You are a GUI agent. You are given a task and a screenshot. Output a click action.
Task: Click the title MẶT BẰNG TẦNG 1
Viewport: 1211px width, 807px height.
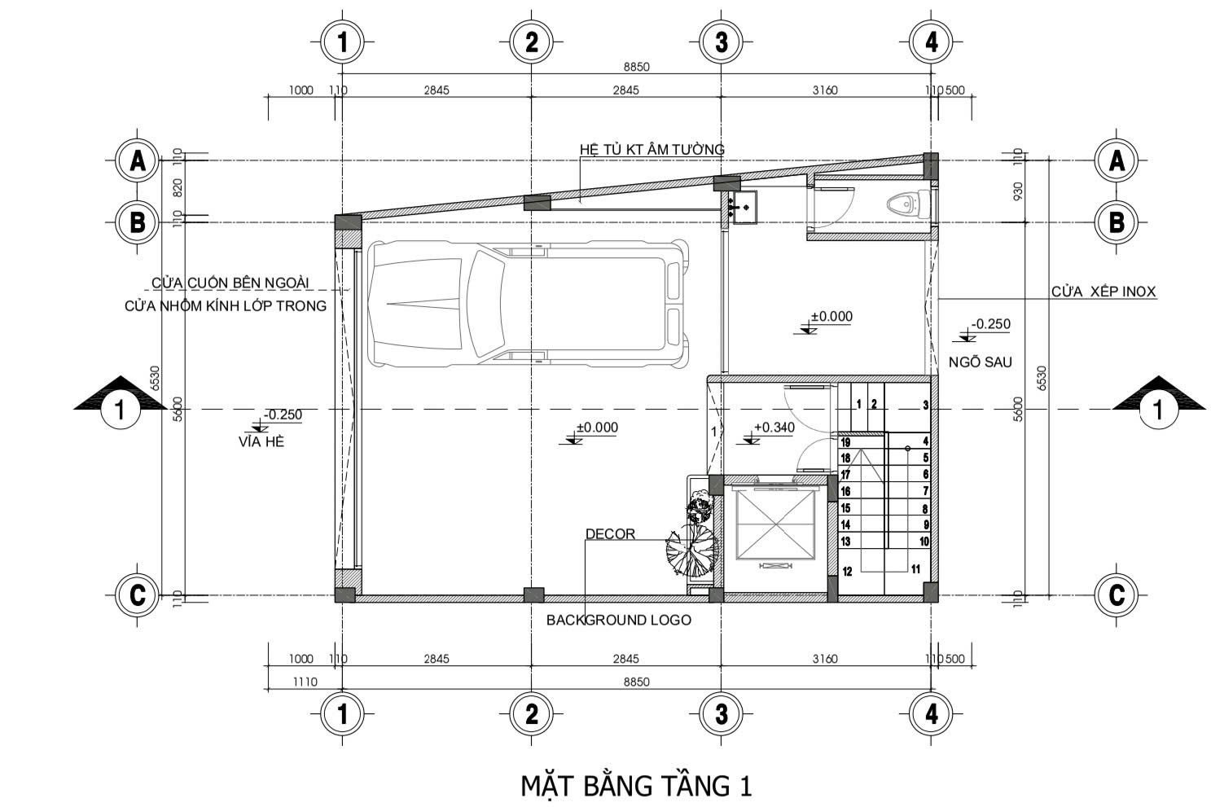click(x=636, y=786)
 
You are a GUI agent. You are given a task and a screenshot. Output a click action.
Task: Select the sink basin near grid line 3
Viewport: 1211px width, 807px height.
click(x=744, y=207)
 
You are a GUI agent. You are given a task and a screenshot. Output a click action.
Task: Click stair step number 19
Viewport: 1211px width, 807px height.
click(x=845, y=442)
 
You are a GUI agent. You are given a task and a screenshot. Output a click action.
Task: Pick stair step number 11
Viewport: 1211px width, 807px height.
click(x=915, y=569)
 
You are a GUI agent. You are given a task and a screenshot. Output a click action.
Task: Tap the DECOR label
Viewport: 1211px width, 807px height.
click(x=610, y=534)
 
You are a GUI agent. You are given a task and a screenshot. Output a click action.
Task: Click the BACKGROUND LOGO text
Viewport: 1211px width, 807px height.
click(x=618, y=620)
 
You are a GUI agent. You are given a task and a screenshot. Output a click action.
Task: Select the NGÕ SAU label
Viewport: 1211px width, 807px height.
click(x=981, y=362)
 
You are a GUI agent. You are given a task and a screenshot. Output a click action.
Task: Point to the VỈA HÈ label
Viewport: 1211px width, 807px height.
click(x=261, y=442)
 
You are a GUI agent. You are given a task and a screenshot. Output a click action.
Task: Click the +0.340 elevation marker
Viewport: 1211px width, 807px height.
click(x=774, y=428)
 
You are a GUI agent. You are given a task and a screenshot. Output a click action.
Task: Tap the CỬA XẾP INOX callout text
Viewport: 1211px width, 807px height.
click(x=1104, y=292)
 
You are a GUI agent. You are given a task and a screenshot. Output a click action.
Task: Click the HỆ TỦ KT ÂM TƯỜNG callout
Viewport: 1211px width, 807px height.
click(x=652, y=150)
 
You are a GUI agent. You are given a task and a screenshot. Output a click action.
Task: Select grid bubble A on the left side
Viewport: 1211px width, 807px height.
click(x=138, y=160)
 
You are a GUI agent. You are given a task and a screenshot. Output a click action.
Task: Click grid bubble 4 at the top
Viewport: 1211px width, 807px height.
click(x=931, y=42)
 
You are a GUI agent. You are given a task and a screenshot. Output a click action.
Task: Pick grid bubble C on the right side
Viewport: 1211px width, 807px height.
click(x=1117, y=595)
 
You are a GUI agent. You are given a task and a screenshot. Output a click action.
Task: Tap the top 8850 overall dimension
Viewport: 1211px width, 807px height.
click(x=636, y=67)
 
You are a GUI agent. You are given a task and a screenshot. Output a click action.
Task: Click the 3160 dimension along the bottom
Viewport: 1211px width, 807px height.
click(x=825, y=659)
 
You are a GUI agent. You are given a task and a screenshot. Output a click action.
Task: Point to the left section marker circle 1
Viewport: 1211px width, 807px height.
click(x=120, y=409)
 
